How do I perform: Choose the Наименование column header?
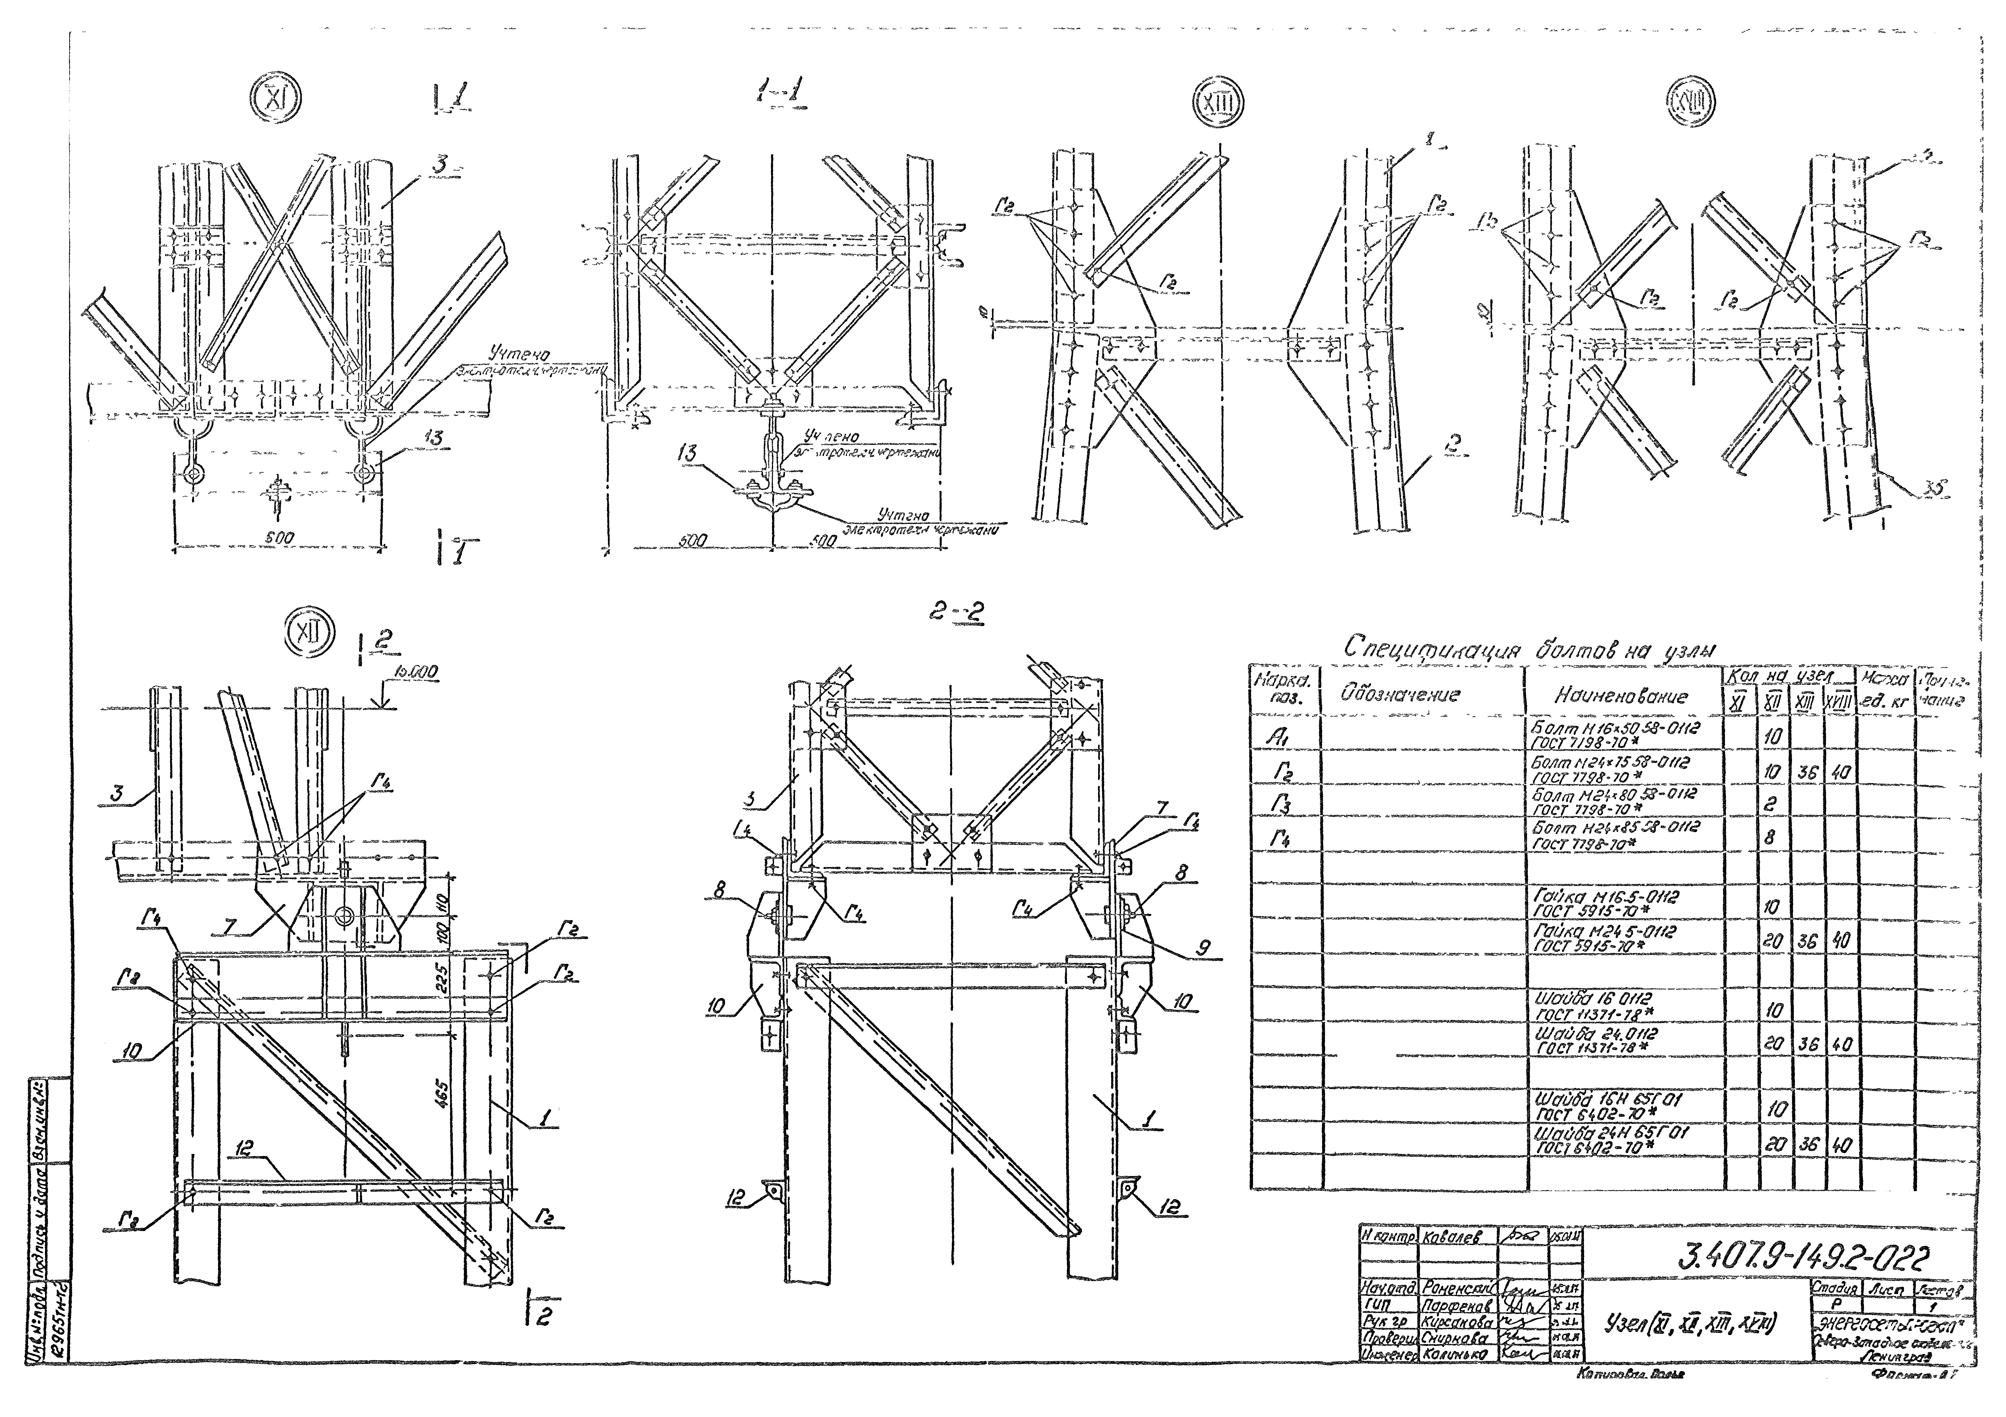[x=1621, y=696]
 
